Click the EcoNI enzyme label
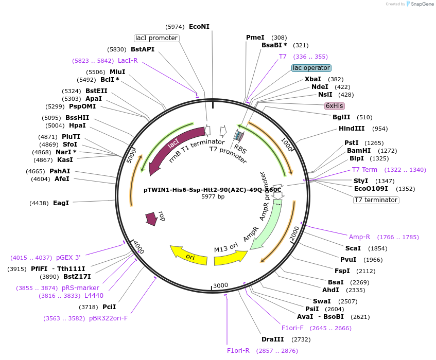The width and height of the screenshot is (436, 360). coord(199,26)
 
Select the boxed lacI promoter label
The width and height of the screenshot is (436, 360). coord(156,38)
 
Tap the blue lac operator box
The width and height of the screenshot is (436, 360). coord(311,68)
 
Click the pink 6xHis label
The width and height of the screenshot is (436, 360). coord(334,106)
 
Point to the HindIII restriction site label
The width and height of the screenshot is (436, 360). coord(352,129)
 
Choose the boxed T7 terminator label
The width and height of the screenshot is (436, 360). coord(376,200)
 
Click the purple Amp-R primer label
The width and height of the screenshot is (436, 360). coord(359,237)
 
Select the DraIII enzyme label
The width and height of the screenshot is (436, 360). coord(272,339)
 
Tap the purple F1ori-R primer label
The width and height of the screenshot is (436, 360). coord(238,351)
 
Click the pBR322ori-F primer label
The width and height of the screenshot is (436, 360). coord(108,318)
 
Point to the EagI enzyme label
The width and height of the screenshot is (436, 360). coord(61,203)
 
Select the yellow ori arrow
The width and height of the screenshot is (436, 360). coord(188,254)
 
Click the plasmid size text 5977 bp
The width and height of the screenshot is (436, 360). coord(213,196)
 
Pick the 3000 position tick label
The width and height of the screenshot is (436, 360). coord(220,285)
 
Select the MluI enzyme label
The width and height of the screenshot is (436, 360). coord(117,71)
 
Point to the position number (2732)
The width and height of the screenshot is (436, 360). coord(301,339)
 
